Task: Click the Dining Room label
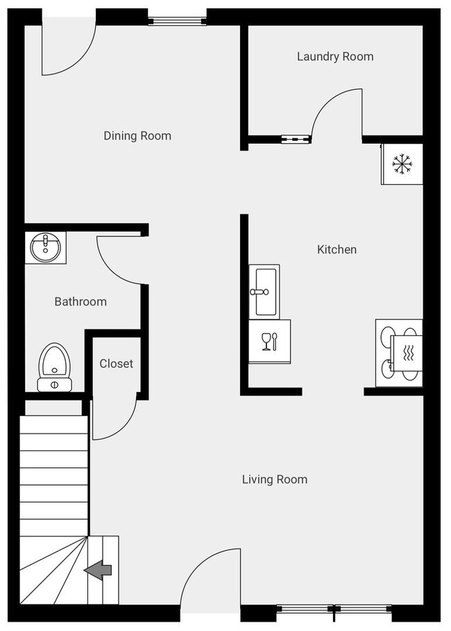(x=137, y=135)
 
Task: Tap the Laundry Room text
(x=335, y=56)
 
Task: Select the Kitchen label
(x=337, y=249)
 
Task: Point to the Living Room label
(x=274, y=479)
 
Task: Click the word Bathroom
(x=80, y=301)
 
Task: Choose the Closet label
(x=116, y=363)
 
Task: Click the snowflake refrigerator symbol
(x=402, y=165)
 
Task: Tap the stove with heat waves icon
(x=400, y=353)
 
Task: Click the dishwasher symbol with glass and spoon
(x=269, y=341)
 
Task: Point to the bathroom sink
(x=46, y=248)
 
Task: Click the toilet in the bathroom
(x=53, y=367)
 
